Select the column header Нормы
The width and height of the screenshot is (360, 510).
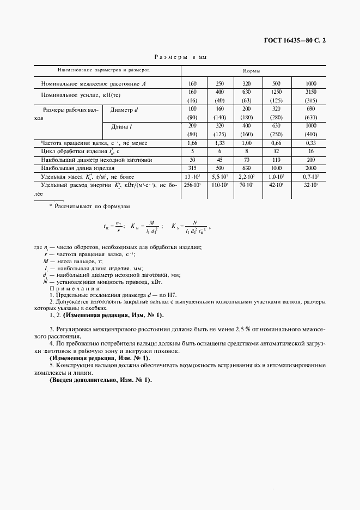pyautogui.click(x=251, y=71)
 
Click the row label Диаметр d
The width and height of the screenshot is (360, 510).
pyautogui.click(x=125, y=110)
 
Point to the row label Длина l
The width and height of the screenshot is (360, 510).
pyautogui.click(x=123, y=127)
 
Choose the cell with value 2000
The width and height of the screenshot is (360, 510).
pyautogui.click(x=310, y=169)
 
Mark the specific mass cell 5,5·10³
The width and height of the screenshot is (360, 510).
pyautogui.click(x=219, y=178)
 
